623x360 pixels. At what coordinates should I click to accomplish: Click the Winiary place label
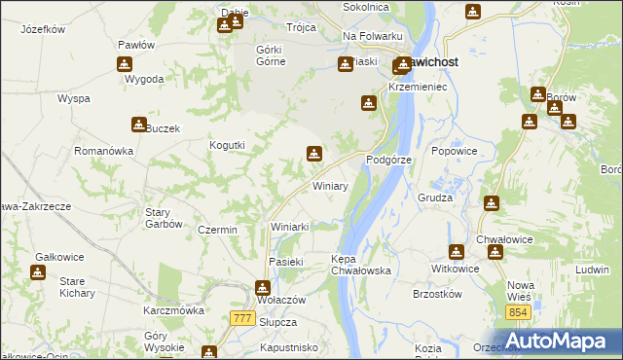pyautogui.click(x=330, y=185)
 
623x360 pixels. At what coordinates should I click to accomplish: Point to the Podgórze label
pyautogui.click(x=389, y=159)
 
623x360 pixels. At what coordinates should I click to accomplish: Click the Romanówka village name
pyautogui.click(x=103, y=152)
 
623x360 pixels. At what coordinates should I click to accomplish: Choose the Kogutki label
pyautogui.click(x=227, y=145)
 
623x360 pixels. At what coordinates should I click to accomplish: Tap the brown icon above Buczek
pyautogui.click(x=138, y=125)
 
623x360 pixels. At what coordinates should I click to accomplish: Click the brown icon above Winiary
pyautogui.click(x=313, y=153)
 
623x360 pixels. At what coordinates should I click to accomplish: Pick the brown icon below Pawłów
pyautogui.click(x=125, y=64)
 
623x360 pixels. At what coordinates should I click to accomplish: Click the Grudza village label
pyautogui.click(x=436, y=198)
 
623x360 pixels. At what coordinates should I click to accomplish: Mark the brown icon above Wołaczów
pyautogui.click(x=262, y=288)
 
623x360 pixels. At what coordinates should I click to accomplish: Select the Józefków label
pyautogui.click(x=42, y=29)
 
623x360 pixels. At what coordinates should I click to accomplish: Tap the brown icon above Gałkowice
pyautogui.click(x=37, y=272)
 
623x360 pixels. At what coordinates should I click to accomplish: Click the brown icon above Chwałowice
pyautogui.click(x=495, y=253)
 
